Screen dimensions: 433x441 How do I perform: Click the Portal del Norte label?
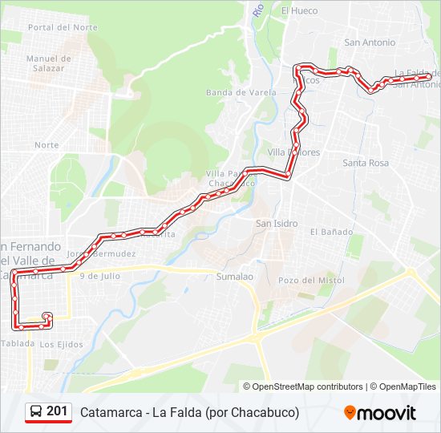click(x=63, y=26)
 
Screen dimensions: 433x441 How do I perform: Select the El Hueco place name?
click(x=299, y=10)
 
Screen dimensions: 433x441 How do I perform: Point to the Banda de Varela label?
click(x=241, y=92)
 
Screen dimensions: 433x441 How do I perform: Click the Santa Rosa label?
click(x=366, y=163)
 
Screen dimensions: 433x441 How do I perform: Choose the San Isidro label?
click(x=277, y=223)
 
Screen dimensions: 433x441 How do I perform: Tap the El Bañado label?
click(x=331, y=232)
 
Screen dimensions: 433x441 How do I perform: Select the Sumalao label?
click(x=235, y=277)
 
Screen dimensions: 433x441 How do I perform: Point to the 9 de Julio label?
click(x=100, y=275)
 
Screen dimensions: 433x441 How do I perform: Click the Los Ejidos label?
click(x=62, y=344)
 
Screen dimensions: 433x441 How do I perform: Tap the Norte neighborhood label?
click(x=47, y=145)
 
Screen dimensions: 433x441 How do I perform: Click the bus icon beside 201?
click(x=36, y=412)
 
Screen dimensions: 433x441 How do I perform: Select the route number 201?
click(x=57, y=412)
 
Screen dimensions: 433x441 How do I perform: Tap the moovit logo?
click(x=380, y=413)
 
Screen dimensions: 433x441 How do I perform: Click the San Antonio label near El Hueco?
click(x=369, y=42)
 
